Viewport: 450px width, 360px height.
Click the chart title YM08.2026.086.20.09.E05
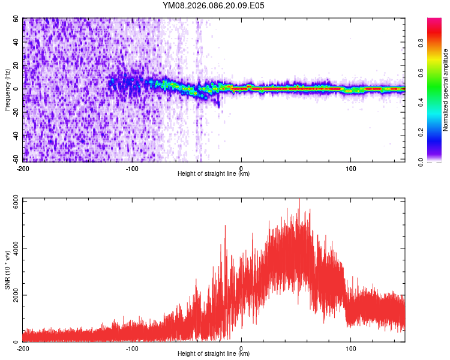tap(214, 5)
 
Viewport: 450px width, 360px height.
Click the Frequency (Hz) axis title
tap(7, 89)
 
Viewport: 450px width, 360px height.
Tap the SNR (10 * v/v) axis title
tap(7, 269)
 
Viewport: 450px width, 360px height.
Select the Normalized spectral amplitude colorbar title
tap(446, 90)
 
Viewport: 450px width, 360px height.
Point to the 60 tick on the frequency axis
tap(17, 19)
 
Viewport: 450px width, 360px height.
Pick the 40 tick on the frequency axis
tap(17, 42)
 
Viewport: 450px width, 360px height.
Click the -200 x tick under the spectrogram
tap(23, 167)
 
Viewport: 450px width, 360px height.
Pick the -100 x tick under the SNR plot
tap(132, 348)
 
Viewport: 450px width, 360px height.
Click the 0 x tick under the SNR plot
tap(241, 348)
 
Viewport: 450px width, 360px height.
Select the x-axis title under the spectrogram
tap(214, 174)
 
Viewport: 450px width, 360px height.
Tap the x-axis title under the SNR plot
tap(214, 354)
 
